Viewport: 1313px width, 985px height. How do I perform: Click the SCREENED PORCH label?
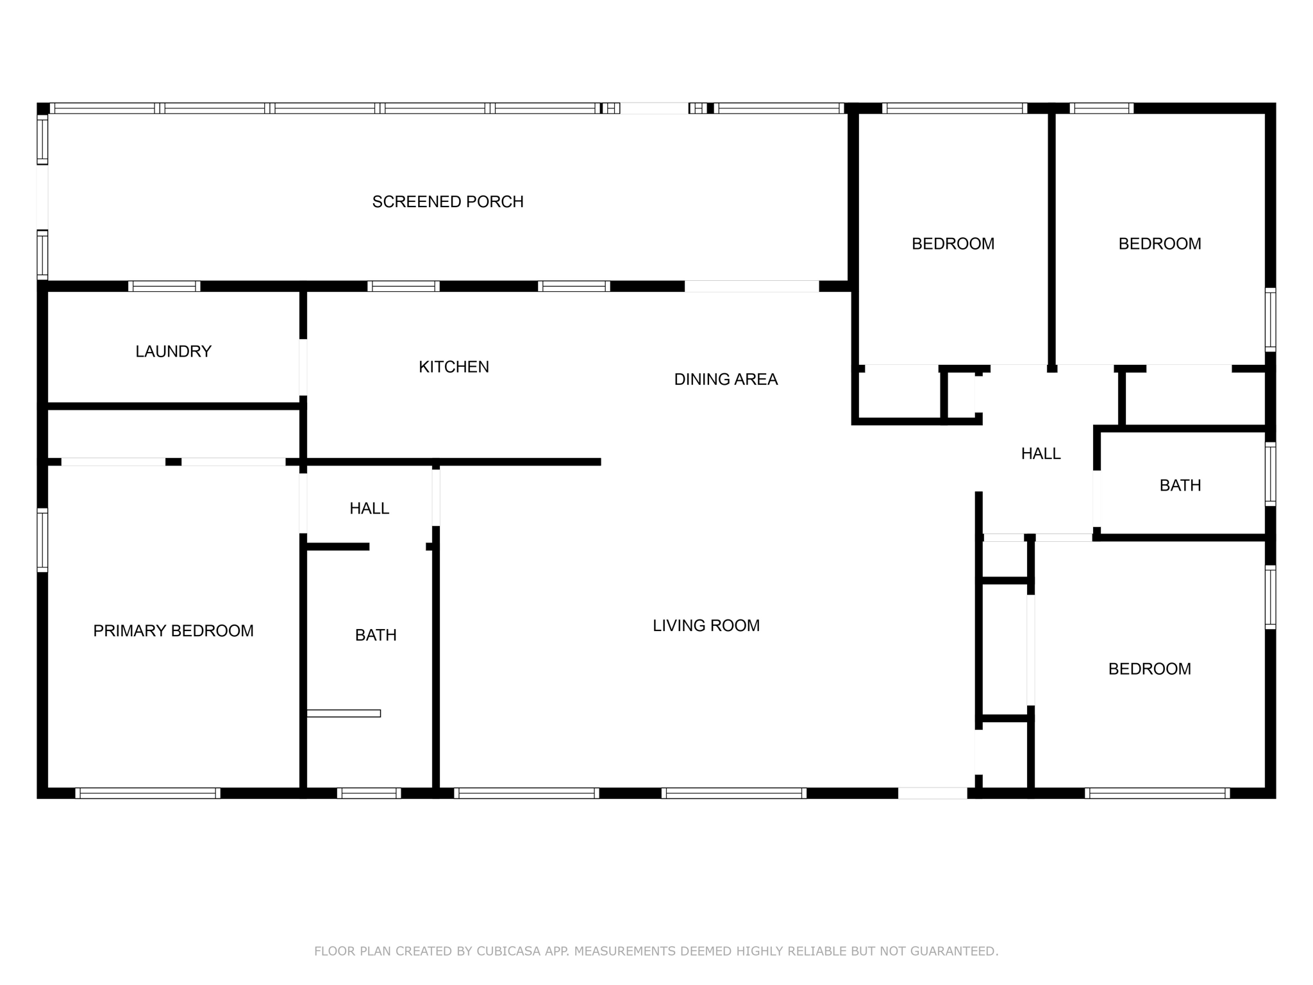(x=447, y=202)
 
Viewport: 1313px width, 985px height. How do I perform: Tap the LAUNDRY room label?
(x=173, y=351)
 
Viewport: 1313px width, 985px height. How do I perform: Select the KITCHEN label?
(x=454, y=367)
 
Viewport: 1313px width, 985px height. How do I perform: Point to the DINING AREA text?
(x=726, y=380)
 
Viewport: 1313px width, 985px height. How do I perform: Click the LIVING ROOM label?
(x=706, y=626)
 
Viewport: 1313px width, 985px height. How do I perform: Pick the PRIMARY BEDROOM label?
(x=173, y=631)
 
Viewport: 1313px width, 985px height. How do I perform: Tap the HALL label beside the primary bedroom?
(x=369, y=509)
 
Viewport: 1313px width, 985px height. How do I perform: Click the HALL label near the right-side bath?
(x=1041, y=454)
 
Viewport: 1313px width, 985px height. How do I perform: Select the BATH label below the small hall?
(x=376, y=636)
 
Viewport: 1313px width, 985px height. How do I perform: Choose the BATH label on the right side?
(x=1180, y=485)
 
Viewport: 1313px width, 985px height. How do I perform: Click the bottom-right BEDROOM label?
(x=1150, y=669)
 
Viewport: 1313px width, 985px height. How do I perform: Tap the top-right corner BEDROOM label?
(x=1160, y=244)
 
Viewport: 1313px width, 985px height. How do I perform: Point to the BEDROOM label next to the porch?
(x=953, y=244)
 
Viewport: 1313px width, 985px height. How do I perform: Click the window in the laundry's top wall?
(x=164, y=286)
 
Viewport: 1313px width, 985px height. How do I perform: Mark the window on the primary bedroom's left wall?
(x=42, y=539)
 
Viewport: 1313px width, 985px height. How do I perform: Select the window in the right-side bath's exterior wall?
(x=1270, y=474)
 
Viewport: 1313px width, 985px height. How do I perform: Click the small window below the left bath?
(x=369, y=793)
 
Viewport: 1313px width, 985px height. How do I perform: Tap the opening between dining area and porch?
(x=751, y=286)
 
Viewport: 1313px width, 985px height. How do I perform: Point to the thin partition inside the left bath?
(x=344, y=713)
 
